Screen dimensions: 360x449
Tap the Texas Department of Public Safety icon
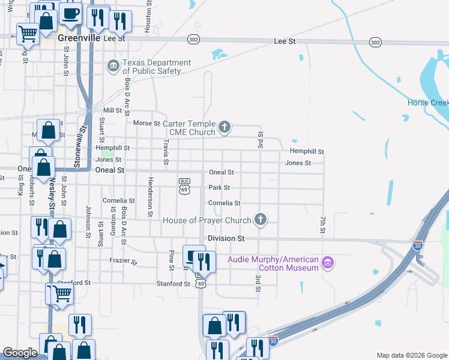tap(113, 66)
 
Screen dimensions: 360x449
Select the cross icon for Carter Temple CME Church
tap(224, 127)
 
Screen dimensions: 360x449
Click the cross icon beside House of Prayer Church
tap(261, 220)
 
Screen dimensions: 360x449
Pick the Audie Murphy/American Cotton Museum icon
tap(327, 263)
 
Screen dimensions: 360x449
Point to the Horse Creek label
tap(427, 103)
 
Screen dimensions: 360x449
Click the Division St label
tap(226, 238)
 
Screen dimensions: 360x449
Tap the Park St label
tap(218, 188)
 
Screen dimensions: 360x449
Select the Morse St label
tap(146, 123)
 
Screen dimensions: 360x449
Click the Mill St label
tap(112, 110)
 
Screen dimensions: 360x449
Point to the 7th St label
tap(322, 226)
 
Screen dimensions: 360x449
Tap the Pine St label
tap(172, 259)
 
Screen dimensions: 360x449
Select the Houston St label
tap(148, 17)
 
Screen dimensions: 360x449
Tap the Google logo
tap(20, 353)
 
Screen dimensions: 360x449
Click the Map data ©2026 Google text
tap(411, 355)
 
